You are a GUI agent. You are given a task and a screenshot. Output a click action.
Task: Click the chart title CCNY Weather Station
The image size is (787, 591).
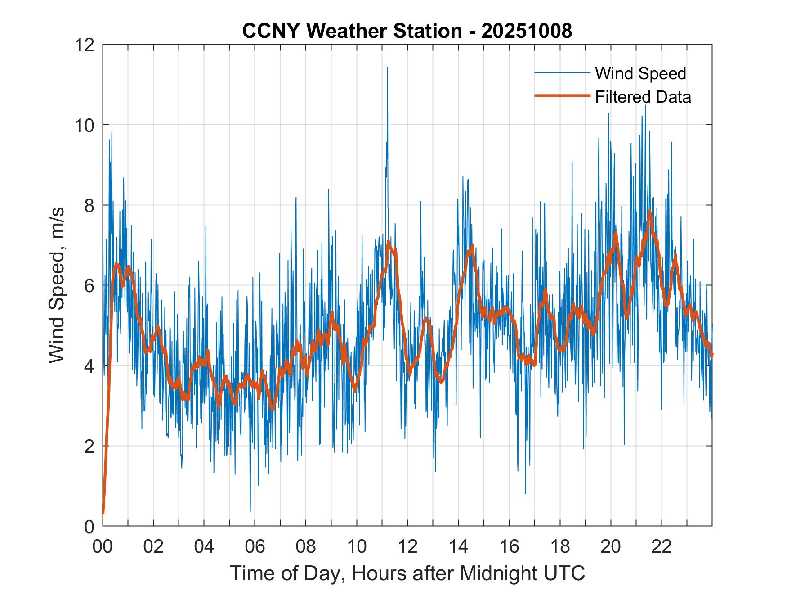point(351,31)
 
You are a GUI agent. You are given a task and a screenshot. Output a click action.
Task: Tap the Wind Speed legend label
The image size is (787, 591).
point(640,73)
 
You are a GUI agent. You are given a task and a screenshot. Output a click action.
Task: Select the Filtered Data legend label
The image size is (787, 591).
point(643,97)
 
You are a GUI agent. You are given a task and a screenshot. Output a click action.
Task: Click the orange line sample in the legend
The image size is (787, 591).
point(562,96)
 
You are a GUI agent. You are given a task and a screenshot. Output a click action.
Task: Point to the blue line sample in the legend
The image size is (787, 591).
point(562,73)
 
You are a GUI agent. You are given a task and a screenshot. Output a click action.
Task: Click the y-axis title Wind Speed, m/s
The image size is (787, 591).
point(57,285)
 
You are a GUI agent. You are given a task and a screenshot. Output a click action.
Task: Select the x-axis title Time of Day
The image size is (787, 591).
point(407,574)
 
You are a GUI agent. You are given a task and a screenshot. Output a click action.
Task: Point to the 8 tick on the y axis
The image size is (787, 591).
point(89,205)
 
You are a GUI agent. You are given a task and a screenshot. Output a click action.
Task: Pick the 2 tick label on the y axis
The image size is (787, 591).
point(89,446)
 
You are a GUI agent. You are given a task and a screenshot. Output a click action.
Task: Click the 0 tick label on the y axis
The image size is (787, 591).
point(89,526)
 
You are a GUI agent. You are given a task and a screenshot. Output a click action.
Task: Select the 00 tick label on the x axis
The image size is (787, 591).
point(103,547)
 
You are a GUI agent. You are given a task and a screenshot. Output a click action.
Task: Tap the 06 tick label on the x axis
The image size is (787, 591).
point(255,547)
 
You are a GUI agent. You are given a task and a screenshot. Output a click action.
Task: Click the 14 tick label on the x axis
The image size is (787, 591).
point(458,547)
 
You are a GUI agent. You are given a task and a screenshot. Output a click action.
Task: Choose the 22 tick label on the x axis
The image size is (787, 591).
point(662,547)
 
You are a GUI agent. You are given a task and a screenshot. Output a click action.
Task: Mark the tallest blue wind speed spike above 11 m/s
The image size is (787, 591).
point(387,68)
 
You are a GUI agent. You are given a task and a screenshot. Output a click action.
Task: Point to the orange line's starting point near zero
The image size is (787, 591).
point(103,513)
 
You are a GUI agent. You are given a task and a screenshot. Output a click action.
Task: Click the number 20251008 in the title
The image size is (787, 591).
point(527,31)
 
